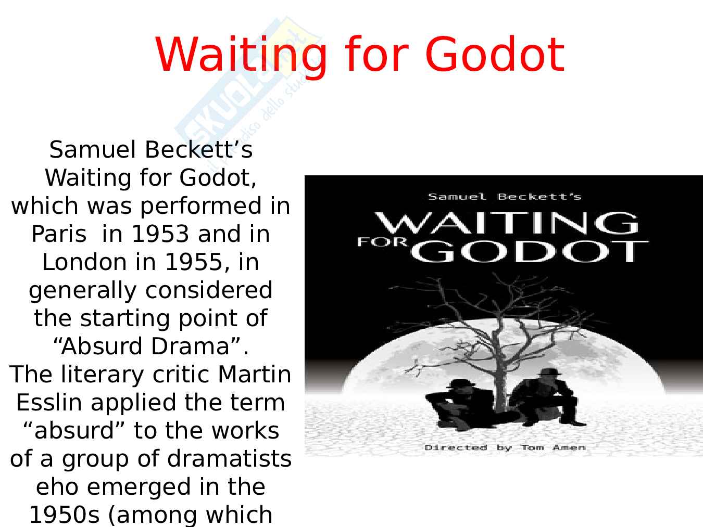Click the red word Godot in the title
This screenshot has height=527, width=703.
tap(495, 55)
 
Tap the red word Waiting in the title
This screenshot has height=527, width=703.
tap(241, 57)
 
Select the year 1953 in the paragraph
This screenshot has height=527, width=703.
tap(160, 234)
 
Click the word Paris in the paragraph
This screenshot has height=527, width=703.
tap(59, 234)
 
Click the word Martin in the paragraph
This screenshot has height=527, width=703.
tap(255, 374)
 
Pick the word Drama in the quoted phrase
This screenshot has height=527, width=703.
tap(190, 346)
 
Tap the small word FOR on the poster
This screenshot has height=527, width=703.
tap(383, 242)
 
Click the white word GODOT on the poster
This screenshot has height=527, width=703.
tap(529, 251)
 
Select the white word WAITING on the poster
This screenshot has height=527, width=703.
tap(507, 223)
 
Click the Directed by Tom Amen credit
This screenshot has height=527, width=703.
tap(505, 447)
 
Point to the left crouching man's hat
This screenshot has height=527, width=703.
tap(461, 383)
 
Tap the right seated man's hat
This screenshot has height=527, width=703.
tap(549, 372)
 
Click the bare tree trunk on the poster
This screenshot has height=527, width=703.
tap(498, 368)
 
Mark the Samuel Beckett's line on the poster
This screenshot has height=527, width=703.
tap(505, 197)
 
